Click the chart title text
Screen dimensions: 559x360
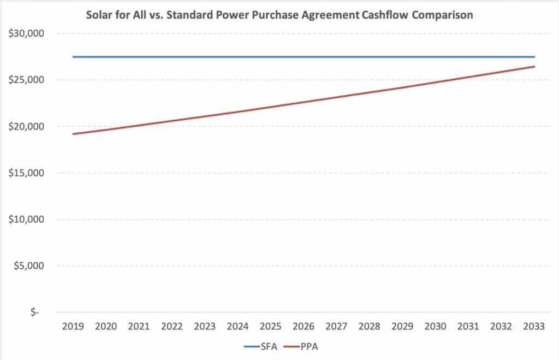coord(279,15)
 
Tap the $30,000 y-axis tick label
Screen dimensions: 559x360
coord(26,33)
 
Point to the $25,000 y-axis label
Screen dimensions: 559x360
coord(26,80)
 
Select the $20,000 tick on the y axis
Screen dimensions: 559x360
coord(26,126)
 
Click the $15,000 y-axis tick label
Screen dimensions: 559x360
coord(26,173)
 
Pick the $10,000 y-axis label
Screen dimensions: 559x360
coord(26,219)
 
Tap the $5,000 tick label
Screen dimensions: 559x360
coord(29,266)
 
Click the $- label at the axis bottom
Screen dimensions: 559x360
coord(34,312)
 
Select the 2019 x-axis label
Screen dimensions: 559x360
coord(73,326)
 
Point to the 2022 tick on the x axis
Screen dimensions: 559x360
coord(171,326)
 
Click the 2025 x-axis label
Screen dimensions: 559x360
coord(270,326)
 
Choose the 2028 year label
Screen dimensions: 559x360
coord(369,326)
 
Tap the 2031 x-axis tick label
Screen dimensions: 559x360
coord(468,326)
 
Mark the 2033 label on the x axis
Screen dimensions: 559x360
coord(534,326)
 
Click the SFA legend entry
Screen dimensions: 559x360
coord(260,346)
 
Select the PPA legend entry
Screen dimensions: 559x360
coord(301,346)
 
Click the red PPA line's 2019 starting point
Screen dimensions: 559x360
coord(73,134)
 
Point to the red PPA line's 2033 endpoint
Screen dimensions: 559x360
coord(534,66)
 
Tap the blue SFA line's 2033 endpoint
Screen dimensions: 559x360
coord(534,57)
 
